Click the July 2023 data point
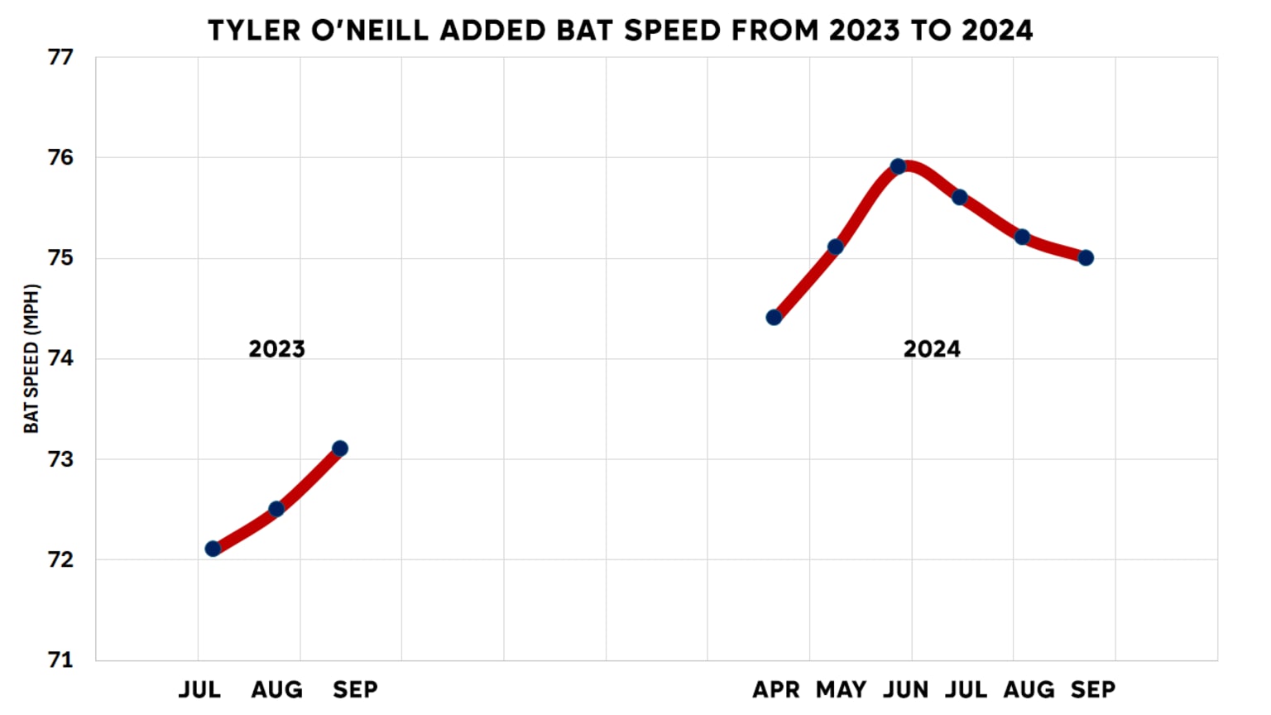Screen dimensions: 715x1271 [x=213, y=549]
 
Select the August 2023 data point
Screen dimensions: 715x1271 [x=276, y=509]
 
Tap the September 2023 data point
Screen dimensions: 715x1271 [x=339, y=449]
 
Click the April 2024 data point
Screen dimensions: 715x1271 [x=774, y=318]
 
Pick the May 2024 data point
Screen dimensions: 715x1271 [x=836, y=247]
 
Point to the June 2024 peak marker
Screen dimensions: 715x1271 [x=898, y=166]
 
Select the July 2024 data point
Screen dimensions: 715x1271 [x=960, y=197]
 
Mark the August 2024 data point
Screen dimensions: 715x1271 [x=1022, y=238]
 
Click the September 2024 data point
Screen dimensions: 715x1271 [x=1086, y=258]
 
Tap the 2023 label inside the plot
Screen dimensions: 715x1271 [x=276, y=349]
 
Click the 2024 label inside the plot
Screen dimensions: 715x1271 [x=932, y=349]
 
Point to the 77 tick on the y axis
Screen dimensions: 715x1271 [x=60, y=58]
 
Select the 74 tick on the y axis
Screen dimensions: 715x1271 [x=60, y=358]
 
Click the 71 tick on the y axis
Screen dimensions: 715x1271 [x=60, y=660]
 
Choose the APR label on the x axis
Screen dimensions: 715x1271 [x=775, y=689]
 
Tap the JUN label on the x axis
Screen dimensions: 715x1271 [x=905, y=689]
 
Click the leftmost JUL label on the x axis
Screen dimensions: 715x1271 [x=199, y=689]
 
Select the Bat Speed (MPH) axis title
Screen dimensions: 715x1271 [x=31, y=358]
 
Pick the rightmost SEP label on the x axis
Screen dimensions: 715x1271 [x=1092, y=689]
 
